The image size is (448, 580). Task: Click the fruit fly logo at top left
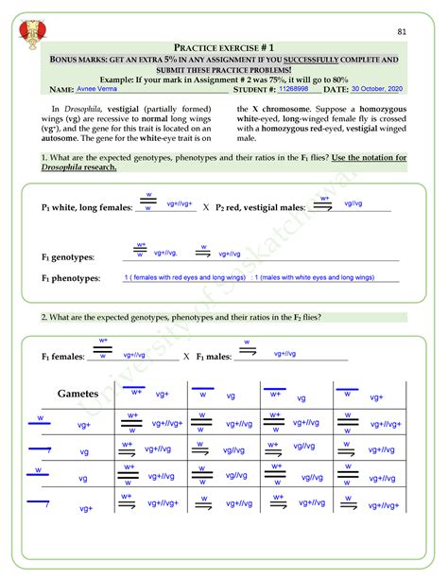point(32,31)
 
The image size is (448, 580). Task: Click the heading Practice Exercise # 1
point(223,47)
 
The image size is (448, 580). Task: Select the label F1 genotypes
point(67,257)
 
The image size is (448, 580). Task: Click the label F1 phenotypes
point(71,279)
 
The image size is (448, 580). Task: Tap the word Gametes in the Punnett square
point(78,394)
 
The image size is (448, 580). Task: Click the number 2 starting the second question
point(43,317)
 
